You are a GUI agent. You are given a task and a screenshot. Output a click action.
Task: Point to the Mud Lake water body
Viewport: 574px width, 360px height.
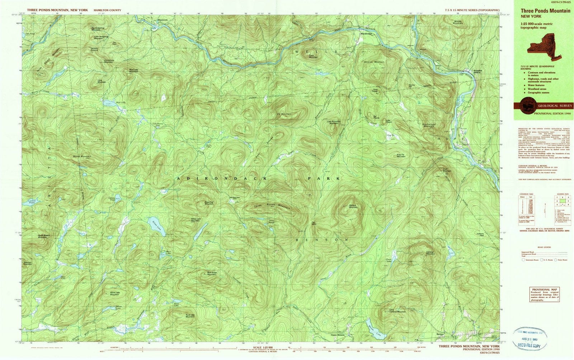[108, 103]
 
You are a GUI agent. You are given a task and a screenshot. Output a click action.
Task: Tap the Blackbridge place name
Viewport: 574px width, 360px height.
[366, 34]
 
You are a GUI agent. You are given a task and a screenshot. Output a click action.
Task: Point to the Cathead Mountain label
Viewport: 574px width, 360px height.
[430, 253]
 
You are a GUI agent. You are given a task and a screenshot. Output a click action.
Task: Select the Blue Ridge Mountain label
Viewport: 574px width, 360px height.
[212, 273]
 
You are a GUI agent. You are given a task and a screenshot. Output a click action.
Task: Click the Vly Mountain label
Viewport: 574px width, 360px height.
[284, 114]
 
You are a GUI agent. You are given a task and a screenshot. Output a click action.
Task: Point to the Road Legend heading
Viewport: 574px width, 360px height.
[544, 247]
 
